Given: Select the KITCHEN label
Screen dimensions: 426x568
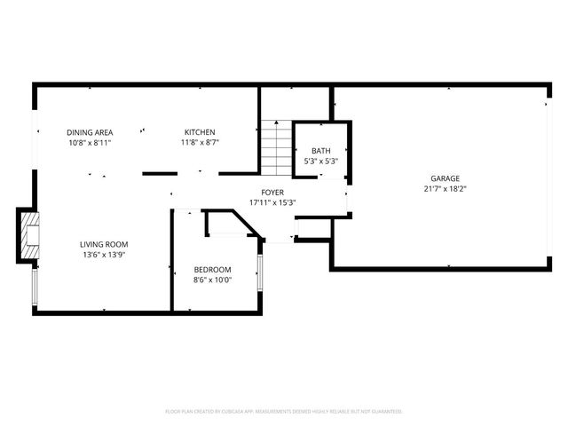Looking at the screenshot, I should (x=200, y=132).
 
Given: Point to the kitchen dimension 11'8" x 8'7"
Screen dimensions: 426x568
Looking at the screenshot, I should (x=200, y=142).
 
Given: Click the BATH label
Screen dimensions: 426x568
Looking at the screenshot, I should (x=320, y=151).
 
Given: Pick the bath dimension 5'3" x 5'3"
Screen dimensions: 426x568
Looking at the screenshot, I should (x=320, y=161).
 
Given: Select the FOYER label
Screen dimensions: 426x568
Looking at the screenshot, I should (x=272, y=193).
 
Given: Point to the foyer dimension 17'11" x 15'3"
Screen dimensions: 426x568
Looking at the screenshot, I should (x=272, y=202).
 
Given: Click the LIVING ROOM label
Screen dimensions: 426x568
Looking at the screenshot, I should (x=105, y=244).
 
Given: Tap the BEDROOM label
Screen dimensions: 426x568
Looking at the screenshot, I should (x=213, y=270).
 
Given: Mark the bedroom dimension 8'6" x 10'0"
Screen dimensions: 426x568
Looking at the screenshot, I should (x=213, y=280).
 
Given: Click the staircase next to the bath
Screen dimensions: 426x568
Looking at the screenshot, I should (x=277, y=149).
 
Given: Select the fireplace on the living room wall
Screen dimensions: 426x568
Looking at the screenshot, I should (x=29, y=235).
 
